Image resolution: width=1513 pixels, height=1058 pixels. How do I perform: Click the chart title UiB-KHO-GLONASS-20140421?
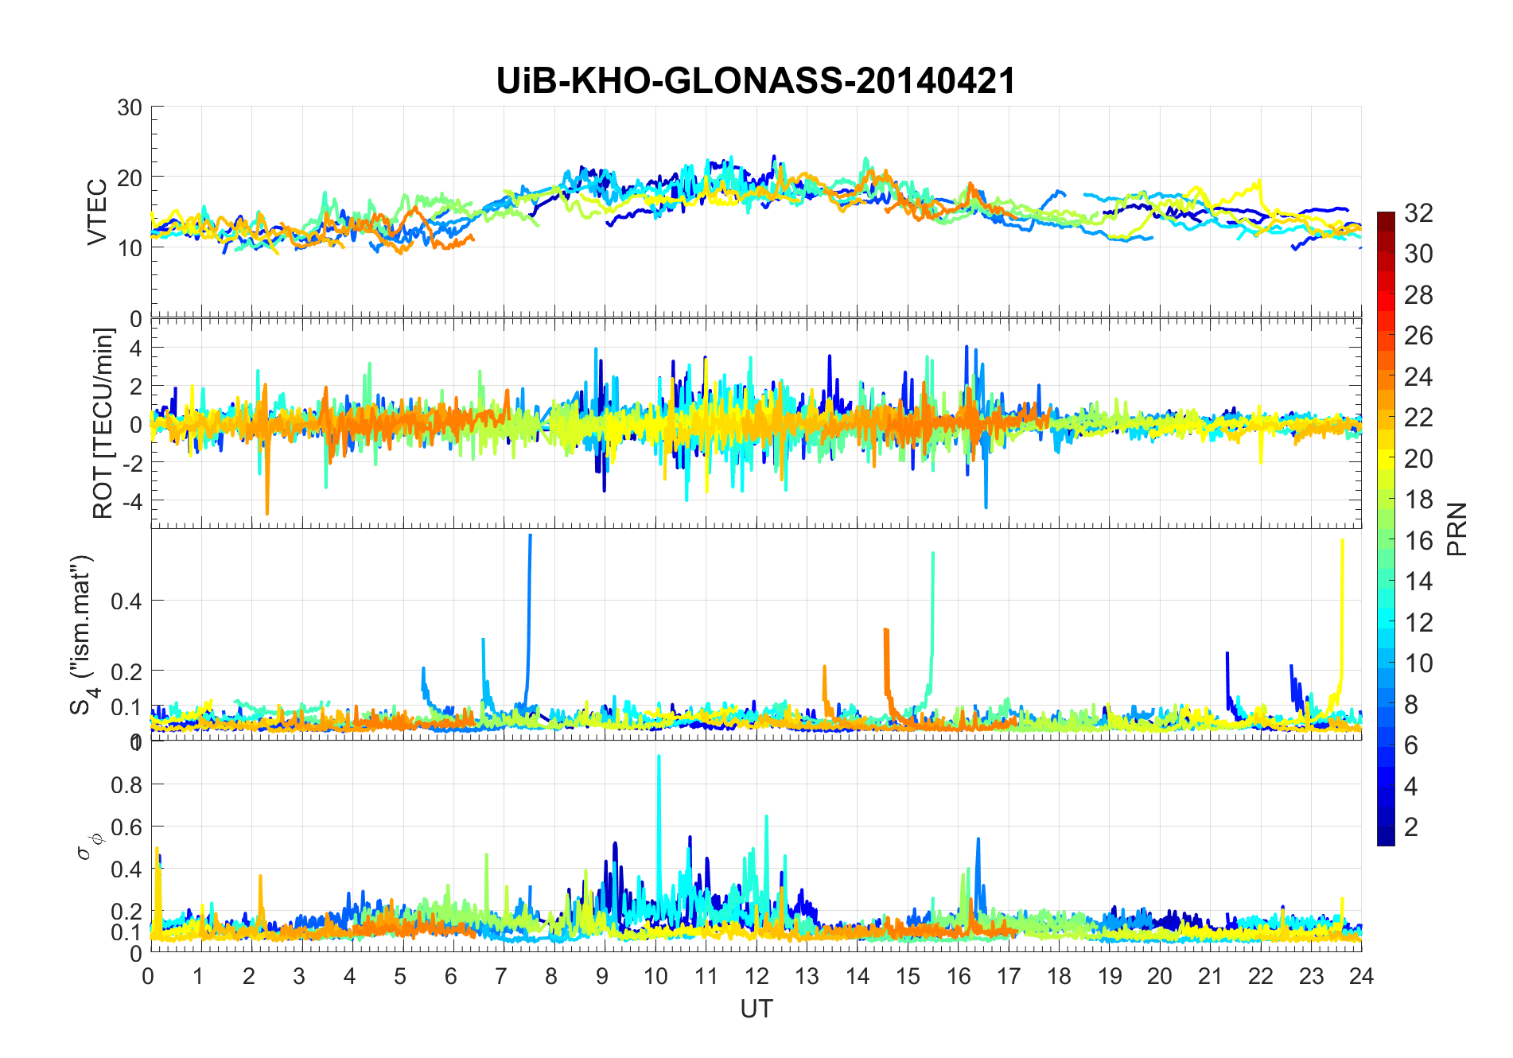pos(756,81)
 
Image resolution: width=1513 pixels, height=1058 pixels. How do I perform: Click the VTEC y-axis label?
pos(97,212)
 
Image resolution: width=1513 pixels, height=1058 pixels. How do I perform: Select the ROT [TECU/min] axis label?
pos(103,423)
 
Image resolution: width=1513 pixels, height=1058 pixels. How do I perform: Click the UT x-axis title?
pos(756,1009)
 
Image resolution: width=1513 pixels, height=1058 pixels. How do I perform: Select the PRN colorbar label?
pos(1457,529)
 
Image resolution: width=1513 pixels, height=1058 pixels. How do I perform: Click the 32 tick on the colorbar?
pos(1418,212)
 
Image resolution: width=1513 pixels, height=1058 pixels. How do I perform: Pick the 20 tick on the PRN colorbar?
pos(1418,458)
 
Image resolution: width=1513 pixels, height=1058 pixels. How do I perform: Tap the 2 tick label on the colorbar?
pos(1411,827)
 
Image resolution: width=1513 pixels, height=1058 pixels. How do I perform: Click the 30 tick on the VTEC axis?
pos(130,107)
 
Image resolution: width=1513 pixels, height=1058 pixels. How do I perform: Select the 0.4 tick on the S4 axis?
pos(126,601)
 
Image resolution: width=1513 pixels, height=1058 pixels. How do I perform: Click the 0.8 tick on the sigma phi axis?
pos(126,784)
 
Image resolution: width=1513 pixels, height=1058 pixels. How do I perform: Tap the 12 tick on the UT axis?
pos(756,976)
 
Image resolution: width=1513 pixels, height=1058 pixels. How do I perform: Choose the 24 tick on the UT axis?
pos(1361,976)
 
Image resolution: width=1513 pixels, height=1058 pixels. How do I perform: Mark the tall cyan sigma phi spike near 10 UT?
pos(659,757)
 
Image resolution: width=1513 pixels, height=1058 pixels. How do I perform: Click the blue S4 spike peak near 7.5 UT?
pos(530,538)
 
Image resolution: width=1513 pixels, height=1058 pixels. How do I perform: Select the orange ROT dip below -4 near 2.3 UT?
pos(266,512)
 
